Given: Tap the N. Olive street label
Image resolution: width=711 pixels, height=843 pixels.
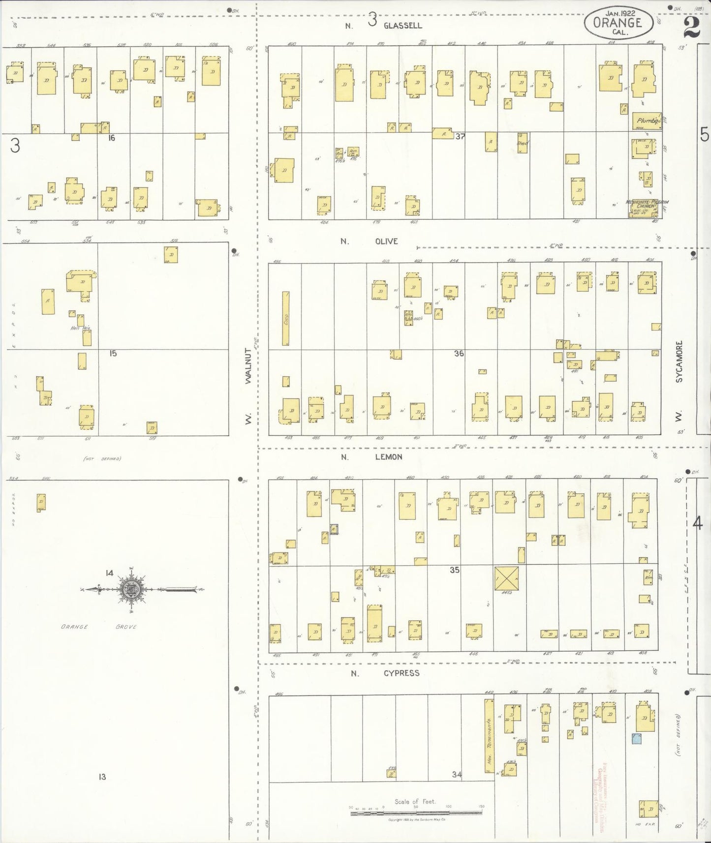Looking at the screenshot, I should coord(369,241).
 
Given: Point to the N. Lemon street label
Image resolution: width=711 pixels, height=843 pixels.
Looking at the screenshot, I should coord(372,457).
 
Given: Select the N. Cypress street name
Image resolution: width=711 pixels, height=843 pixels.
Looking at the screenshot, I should coord(385,673).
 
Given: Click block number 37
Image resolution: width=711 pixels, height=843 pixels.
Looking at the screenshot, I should coord(460,136).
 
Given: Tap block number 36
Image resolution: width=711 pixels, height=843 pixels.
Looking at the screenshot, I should coord(459,353).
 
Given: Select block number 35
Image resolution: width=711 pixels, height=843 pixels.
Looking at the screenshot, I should coord(454,570).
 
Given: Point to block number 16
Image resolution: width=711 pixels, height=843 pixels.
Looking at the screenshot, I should coord(111,138).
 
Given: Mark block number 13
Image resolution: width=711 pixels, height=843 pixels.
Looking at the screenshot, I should coord(102,777).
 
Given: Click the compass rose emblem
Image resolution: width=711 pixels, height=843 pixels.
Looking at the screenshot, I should coord(132,589).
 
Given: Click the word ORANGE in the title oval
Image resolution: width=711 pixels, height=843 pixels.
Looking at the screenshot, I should coord(618,23).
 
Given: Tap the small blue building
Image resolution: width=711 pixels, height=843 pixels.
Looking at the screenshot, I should coord(637,737).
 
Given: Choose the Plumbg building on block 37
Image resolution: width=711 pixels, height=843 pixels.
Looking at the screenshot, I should coord(647,120).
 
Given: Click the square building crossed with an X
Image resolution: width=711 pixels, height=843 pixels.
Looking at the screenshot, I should coord(506,577).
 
